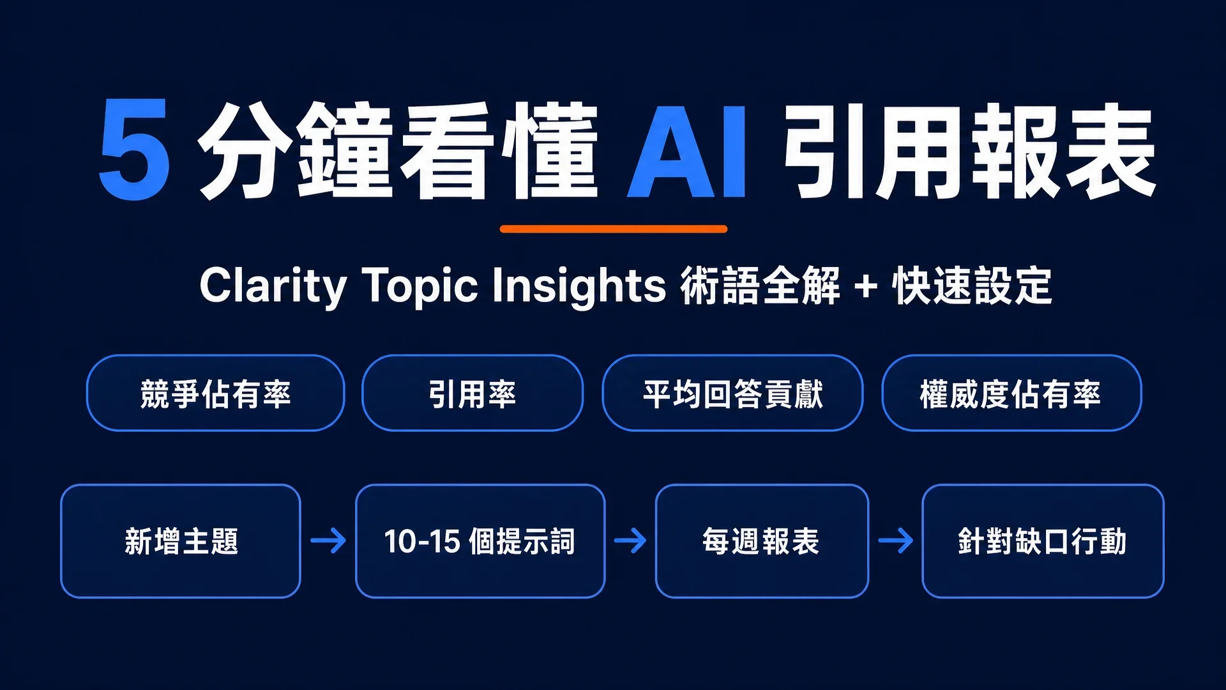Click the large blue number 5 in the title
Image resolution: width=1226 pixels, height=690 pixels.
(135, 149)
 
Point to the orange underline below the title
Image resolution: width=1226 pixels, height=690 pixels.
(614, 229)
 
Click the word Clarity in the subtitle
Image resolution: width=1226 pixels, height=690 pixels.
(273, 286)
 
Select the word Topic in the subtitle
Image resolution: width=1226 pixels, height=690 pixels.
(420, 286)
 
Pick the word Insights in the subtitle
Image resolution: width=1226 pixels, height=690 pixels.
(579, 286)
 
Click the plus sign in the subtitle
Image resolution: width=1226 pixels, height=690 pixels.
(866, 286)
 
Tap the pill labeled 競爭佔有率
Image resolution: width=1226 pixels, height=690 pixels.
(216, 393)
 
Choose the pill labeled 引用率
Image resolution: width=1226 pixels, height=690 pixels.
(473, 393)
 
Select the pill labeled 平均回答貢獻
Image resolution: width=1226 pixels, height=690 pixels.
(733, 393)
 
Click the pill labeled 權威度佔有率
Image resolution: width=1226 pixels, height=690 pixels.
(1011, 393)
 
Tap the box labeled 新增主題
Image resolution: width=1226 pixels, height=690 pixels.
(181, 541)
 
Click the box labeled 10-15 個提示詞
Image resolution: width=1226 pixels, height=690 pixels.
(480, 541)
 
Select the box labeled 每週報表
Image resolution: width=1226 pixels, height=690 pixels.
(762, 541)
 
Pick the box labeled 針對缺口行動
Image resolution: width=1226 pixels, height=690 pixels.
(1043, 541)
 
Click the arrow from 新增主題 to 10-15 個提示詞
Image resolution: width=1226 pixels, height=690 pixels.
(328, 540)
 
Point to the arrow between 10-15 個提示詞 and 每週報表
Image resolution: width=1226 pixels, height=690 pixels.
(630, 540)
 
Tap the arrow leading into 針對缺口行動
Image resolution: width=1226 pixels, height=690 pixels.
(895, 540)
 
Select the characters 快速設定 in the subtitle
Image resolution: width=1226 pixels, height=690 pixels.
(972, 286)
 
